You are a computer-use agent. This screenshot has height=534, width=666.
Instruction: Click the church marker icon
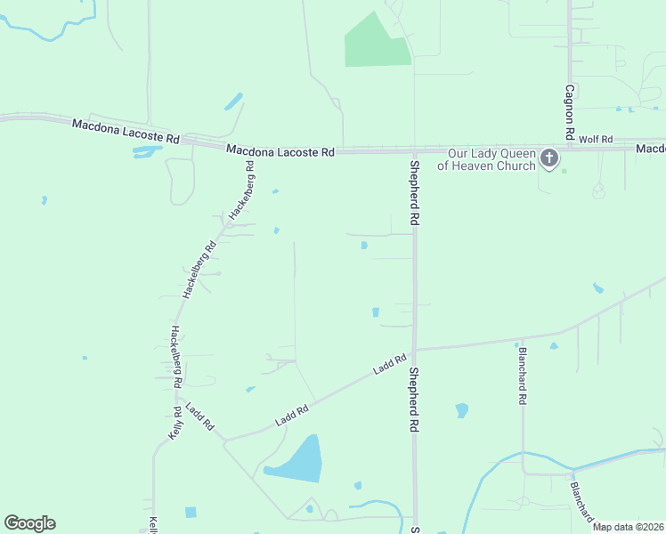pos(549,159)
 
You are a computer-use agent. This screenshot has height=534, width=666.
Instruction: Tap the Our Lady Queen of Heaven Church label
pos(486,159)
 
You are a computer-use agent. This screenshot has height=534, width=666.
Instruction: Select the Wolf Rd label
pos(596,140)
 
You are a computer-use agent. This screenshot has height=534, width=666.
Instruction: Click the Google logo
pos(29,523)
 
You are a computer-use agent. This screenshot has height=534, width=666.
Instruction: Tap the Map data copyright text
pos(628,527)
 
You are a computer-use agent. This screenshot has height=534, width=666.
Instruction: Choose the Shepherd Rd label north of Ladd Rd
pos(414,192)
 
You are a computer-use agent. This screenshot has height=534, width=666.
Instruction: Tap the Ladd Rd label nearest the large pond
pos(291,414)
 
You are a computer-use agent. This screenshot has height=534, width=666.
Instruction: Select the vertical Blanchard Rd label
pos(522,376)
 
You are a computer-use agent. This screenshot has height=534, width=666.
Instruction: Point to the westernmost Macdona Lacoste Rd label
pos(126,133)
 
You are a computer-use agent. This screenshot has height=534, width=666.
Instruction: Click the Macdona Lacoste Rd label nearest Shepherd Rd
pos(280,151)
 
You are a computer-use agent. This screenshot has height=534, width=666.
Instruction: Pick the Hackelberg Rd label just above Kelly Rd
pos(176,357)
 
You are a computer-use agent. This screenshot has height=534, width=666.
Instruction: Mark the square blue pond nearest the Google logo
pos(191,512)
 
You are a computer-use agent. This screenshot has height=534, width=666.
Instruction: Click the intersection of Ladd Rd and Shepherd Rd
pos(414,349)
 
